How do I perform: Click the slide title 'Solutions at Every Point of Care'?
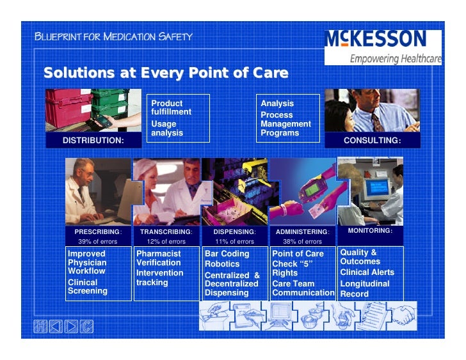coord(165,72)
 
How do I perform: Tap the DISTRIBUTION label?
coord(93,140)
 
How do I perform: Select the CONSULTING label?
coord(372,140)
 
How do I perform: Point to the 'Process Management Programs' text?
coord(285,124)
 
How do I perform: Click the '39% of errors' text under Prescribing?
coord(96,242)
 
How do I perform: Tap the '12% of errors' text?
coord(166,242)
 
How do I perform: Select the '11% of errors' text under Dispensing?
coord(234,242)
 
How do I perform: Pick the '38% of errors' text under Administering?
coord(302,242)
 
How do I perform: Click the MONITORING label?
coord(370,230)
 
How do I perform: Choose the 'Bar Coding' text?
coord(227,254)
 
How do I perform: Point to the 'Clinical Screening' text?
coord(87,286)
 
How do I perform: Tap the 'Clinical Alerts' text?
coord(367,272)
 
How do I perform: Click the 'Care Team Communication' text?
coord(303,288)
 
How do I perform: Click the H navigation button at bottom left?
coord(40,327)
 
